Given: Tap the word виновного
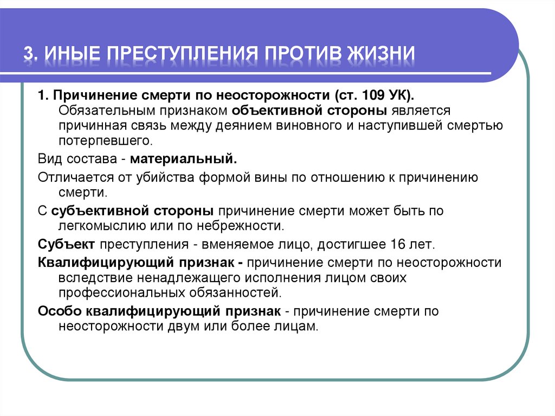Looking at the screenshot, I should point(310,126).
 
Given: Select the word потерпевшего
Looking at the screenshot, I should point(104,141).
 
